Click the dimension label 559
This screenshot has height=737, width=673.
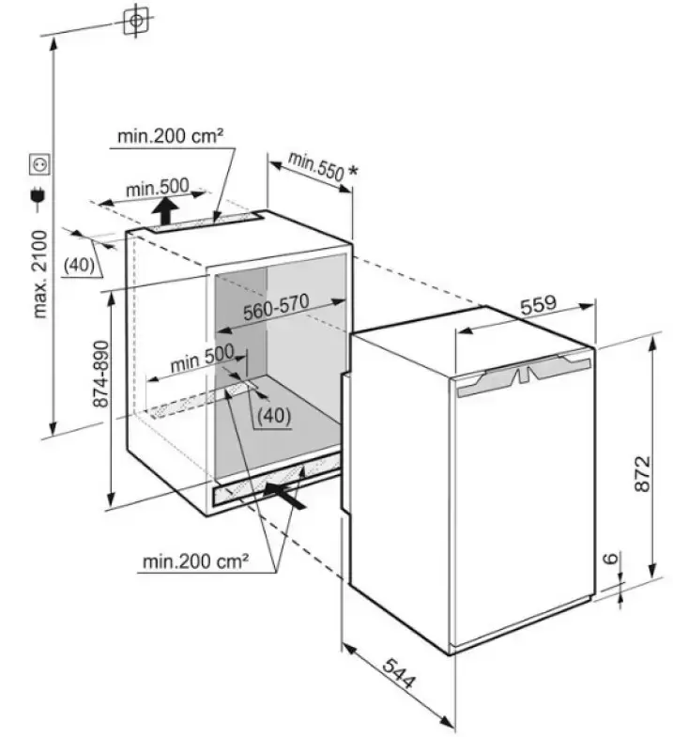pyautogui.click(x=539, y=304)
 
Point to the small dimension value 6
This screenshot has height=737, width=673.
pyautogui.click(x=611, y=560)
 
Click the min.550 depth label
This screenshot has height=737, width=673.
pyautogui.click(x=315, y=165)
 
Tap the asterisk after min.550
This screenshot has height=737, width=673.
pyautogui.click(x=352, y=171)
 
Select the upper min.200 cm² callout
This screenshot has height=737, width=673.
pyautogui.click(x=171, y=137)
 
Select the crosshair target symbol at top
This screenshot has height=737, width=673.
pyautogui.click(x=136, y=20)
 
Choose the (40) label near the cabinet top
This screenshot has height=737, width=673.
pyautogui.click(x=80, y=265)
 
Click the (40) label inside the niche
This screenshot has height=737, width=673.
pyautogui.click(x=273, y=413)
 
